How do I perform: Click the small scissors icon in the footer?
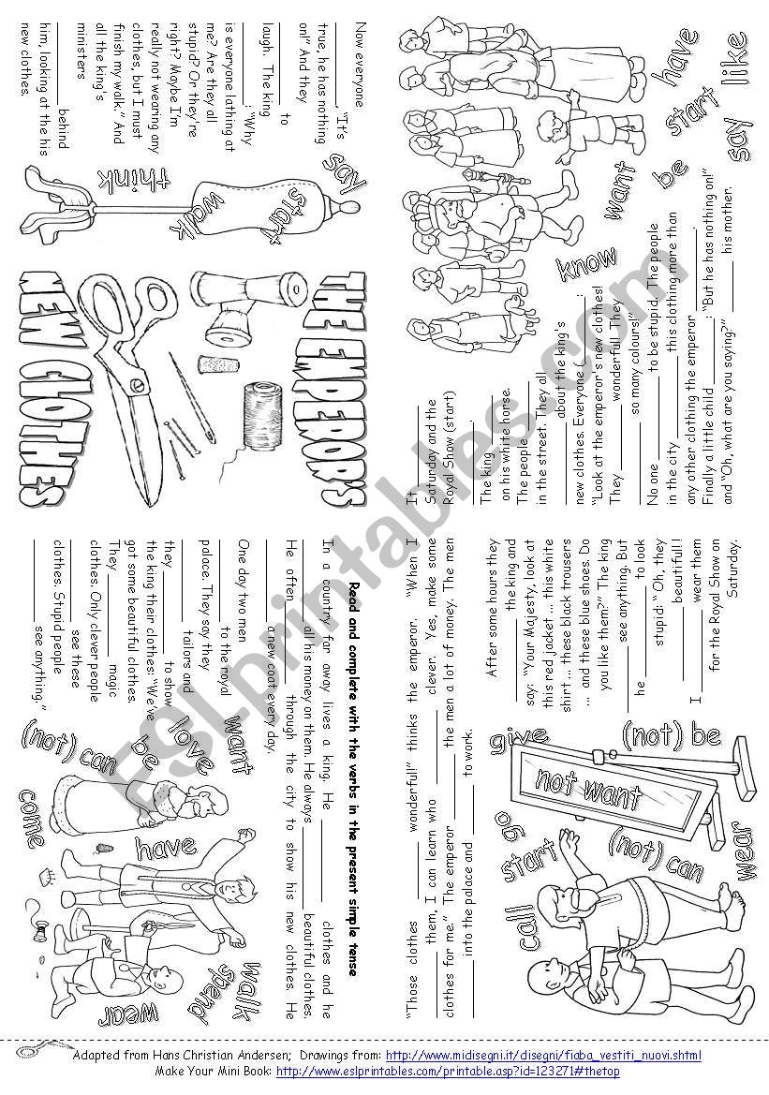(42, 1046)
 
